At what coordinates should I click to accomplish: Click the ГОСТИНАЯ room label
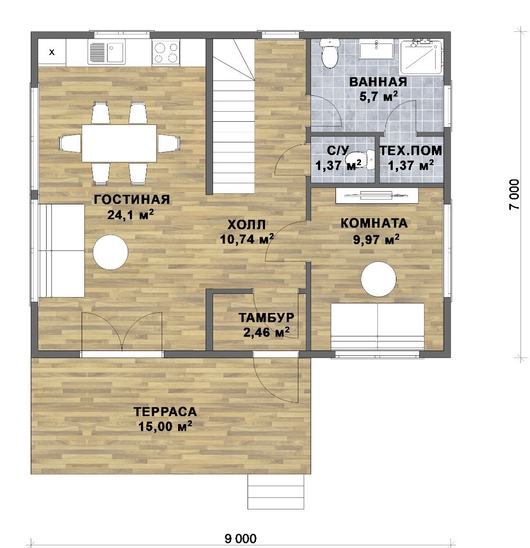[132, 200]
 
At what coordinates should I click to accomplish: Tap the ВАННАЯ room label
[378, 82]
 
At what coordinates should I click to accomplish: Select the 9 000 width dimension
[241, 538]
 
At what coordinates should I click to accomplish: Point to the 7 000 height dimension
[514, 194]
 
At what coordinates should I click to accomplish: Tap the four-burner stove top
[165, 52]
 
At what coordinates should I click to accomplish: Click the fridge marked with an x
[52, 52]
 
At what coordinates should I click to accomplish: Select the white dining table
[119, 143]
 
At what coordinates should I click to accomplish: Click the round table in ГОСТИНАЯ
[110, 252]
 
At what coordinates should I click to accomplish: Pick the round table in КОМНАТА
[378, 279]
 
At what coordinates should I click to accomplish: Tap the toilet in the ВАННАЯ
[330, 53]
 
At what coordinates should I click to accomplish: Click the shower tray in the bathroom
[421, 57]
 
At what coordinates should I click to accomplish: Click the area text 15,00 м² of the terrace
[165, 426]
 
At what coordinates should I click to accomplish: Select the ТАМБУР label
[266, 317]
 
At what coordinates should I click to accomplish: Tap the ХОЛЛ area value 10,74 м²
[246, 239]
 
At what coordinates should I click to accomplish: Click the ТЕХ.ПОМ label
[411, 150]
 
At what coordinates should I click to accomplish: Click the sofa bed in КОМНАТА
[377, 327]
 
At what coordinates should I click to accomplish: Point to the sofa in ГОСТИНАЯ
[61, 250]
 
